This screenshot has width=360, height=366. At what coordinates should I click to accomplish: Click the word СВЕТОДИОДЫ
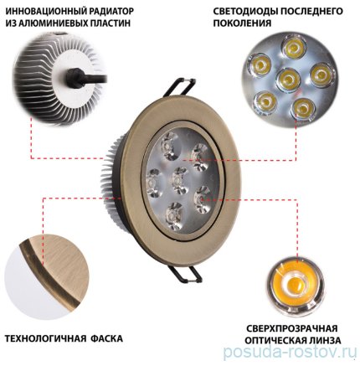[x=246, y=12]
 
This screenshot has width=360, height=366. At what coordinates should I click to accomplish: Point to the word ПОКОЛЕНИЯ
[x=242, y=23]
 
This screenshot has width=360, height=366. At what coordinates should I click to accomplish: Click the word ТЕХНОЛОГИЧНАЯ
[x=45, y=338]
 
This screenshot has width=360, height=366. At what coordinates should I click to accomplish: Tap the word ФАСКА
[x=106, y=338]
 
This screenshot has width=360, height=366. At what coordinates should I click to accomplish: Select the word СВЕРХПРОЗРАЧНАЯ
[x=292, y=328]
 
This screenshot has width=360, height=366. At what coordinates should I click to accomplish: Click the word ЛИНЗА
[x=324, y=341]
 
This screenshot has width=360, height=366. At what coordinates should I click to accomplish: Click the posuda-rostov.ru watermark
[x=290, y=353]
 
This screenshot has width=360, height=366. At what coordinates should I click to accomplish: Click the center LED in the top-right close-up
[x=287, y=80]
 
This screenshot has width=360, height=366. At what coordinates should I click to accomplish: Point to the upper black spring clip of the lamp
[x=178, y=87]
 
